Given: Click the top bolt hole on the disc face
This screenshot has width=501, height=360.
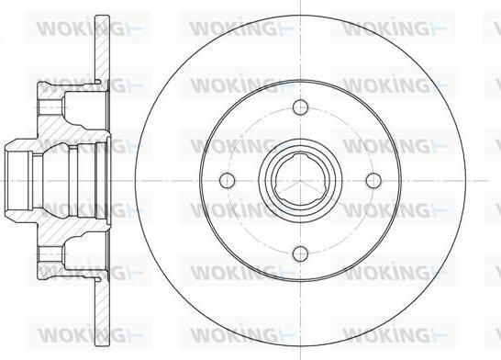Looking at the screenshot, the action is pyautogui.click(x=300, y=107).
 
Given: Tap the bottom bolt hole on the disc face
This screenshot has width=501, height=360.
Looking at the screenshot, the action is pyautogui.click(x=300, y=253).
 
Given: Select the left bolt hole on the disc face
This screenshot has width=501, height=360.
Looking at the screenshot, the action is pyautogui.click(x=228, y=180).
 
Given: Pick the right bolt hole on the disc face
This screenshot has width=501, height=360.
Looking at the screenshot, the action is pyautogui.click(x=373, y=180).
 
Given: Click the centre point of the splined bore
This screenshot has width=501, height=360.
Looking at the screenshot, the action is pyautogui.click(x=300, y=180).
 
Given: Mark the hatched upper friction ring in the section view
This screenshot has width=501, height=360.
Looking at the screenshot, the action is pyautogui.click(x=103, y=48).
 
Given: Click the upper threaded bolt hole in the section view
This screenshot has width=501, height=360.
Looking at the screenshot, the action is pyautogui.click(x=51, y=107).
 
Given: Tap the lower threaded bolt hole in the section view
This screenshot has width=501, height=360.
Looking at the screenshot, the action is pyautogui.click(x=51, y=253).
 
